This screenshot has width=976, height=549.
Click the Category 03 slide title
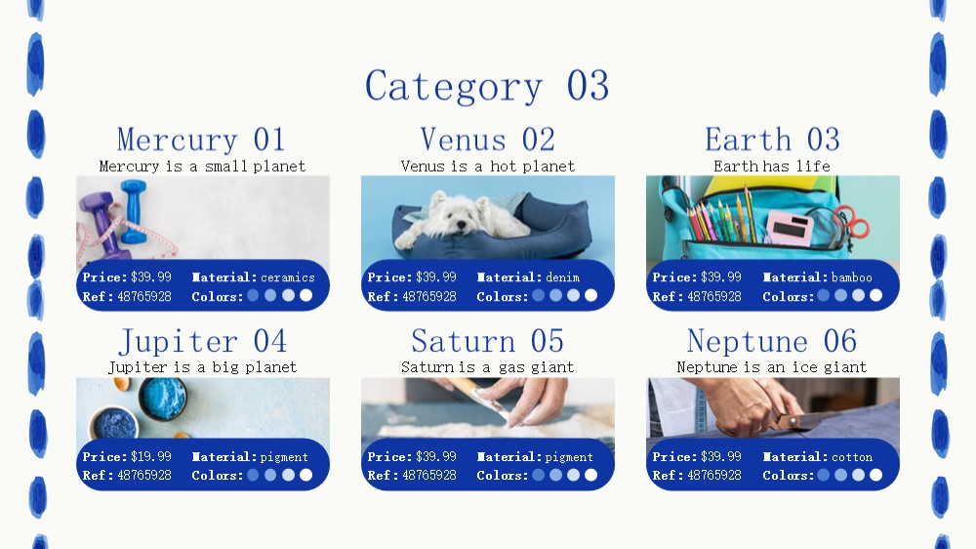[487, 86]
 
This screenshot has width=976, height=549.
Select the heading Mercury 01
[201, 139]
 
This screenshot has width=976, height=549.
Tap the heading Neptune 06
[772, 341]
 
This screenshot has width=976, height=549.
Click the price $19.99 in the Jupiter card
[151, 457]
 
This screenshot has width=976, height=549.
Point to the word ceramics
[288, 277]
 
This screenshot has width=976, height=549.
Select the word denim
[563, 277]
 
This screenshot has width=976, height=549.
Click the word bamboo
[851, 277]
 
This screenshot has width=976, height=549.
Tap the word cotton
[852, 457]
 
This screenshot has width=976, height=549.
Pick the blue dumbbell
[133, 211]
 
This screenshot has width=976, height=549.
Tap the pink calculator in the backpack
[790, 228]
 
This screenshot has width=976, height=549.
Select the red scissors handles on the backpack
[853, 220]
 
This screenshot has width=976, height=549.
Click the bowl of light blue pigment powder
[162, 398]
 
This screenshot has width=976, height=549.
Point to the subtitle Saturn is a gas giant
[487, 367]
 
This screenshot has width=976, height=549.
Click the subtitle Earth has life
[772, 166]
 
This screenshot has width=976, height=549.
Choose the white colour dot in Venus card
[590, 295]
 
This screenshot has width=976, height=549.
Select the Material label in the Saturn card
[502, 457]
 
